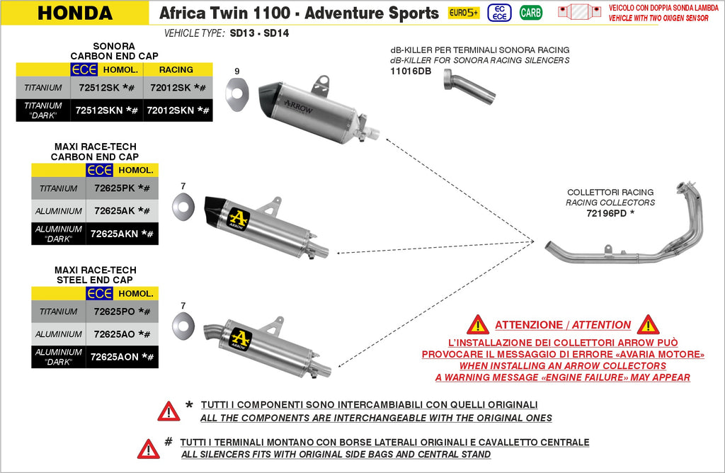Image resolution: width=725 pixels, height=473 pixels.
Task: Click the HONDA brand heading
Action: click(x=74, y=13)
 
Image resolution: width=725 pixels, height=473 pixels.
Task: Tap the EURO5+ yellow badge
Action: click(x=464, y=13)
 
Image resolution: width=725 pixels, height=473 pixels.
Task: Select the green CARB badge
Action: click(x=530, y=13)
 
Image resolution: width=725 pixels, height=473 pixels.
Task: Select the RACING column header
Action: click(x=176, y=69)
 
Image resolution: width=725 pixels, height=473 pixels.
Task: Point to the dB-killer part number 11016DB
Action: click(x=411, y=72)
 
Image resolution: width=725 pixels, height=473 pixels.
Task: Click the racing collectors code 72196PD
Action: click(x=606, y=213)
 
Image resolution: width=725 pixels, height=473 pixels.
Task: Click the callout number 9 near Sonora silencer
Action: click(x=237, y=72)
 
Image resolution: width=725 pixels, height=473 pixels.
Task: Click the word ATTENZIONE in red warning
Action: click(x=527, y=325)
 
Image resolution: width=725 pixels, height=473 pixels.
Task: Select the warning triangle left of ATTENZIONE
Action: click(x=478, y=325)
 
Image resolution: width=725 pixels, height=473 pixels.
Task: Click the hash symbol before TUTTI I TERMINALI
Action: click(x=168, y=440)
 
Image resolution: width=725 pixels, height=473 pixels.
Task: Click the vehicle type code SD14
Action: click(x=276, y=33)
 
